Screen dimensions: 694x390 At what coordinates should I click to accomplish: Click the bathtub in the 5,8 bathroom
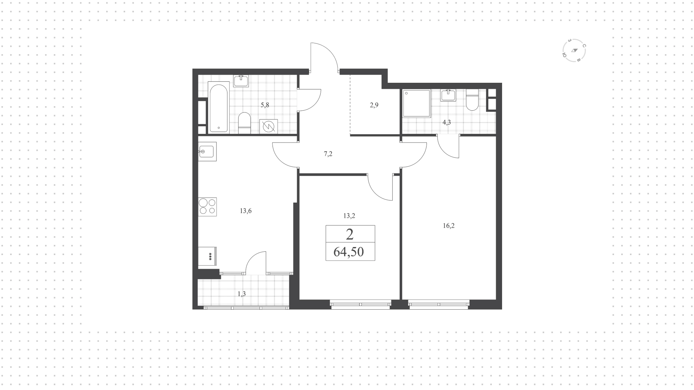tap(219, 107)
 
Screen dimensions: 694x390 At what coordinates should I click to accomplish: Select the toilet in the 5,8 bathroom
tap(245, 123)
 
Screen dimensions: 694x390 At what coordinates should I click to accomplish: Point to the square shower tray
tap(417, 103)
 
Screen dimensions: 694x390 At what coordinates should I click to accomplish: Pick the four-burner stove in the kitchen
tap(207, 207)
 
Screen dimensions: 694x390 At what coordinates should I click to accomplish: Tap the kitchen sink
tap(207, 151)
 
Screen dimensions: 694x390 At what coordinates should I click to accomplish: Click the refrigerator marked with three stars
tap(207, 257)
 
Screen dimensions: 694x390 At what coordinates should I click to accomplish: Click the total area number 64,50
tap(348, 251)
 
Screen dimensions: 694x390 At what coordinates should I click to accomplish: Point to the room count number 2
tap(350, 234)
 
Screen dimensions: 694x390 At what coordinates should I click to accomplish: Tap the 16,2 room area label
tap(449, 226)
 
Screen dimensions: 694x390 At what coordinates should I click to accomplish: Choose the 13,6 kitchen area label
tap(245, 211)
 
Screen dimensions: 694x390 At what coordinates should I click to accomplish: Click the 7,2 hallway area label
tap(328, 154)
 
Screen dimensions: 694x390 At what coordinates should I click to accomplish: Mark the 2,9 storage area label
tap(374, 105)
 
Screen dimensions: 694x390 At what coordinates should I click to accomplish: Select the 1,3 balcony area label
tap(242, 294)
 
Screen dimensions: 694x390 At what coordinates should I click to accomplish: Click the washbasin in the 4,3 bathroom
tap(448, 96)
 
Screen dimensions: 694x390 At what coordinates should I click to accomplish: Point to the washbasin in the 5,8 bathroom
tap(241, 81)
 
